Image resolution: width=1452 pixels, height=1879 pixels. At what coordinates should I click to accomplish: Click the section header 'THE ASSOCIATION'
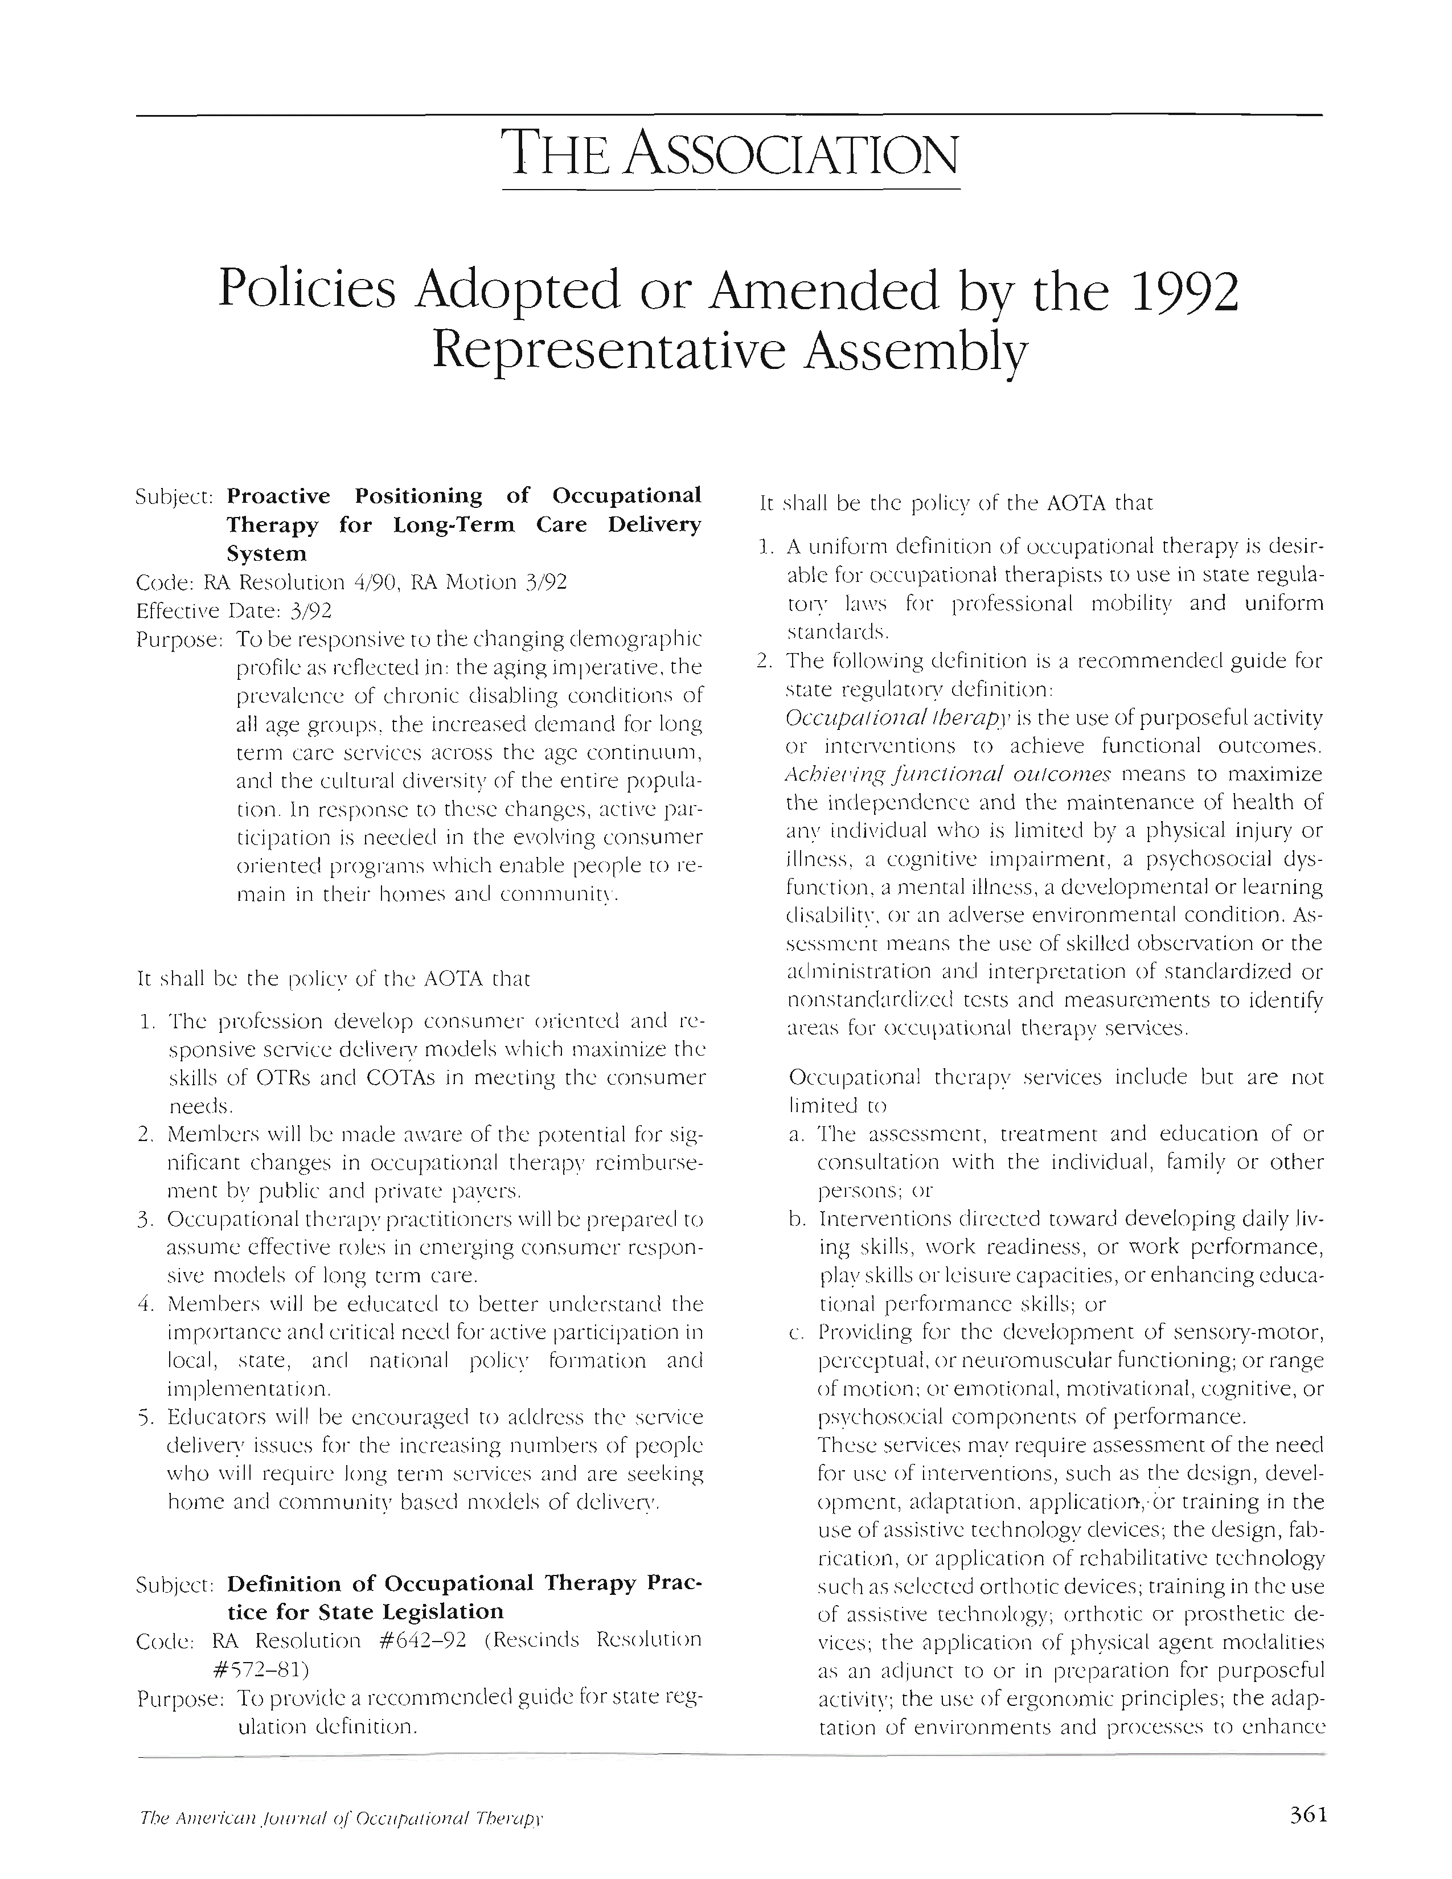731,154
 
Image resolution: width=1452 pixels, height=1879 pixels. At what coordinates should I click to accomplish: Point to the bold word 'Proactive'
278,497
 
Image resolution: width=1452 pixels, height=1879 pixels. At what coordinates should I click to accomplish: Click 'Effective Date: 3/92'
234,611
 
